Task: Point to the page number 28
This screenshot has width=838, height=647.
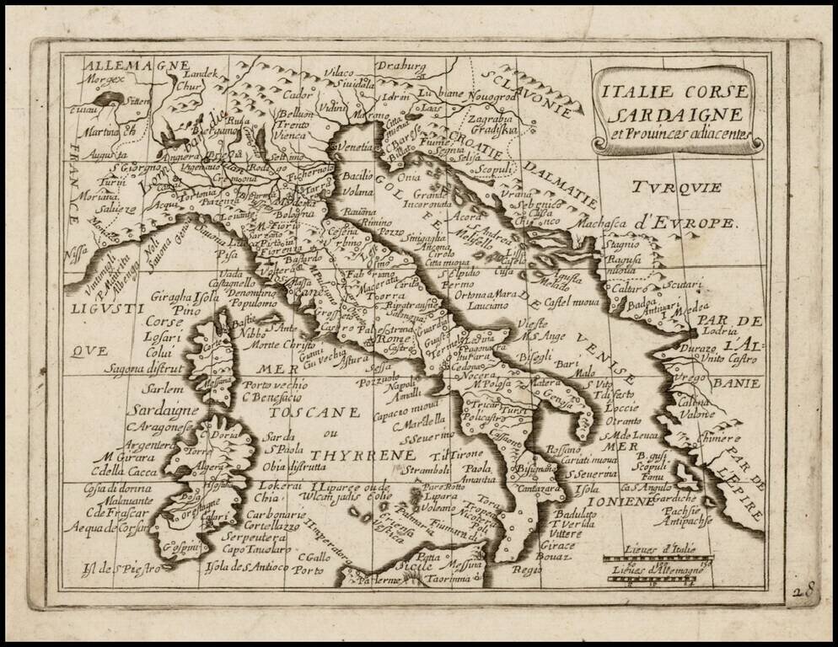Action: point(803,591)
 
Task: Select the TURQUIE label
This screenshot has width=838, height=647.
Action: point(679,187)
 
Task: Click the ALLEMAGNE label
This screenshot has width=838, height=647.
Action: point(126,65)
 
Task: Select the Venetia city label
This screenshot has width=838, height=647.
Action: point(355,147)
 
